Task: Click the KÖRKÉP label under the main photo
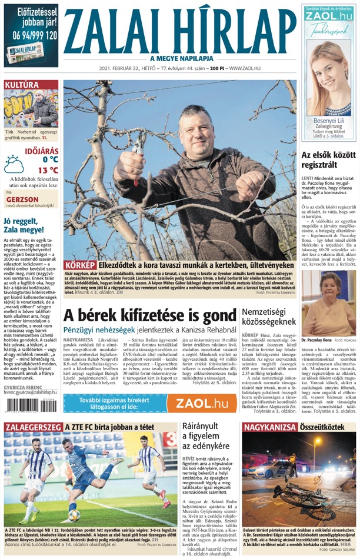click(x=80, y=265)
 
